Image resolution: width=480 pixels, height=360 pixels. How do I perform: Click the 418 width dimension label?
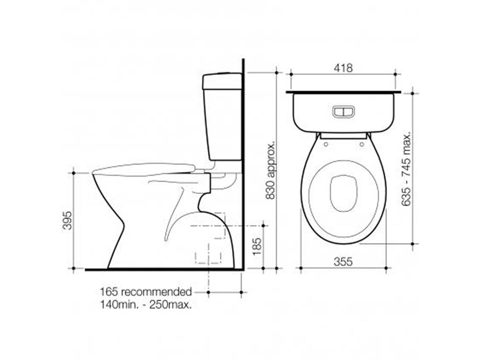(x=343, y=68)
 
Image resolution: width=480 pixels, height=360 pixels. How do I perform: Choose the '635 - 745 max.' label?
(x=407, y=168)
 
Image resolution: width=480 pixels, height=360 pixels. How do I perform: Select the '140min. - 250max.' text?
(x=146, y=304)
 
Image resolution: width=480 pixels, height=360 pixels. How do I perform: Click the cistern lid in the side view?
(x=222, y=81)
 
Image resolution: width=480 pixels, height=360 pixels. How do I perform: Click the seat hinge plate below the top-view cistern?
(x=343, y=136)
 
